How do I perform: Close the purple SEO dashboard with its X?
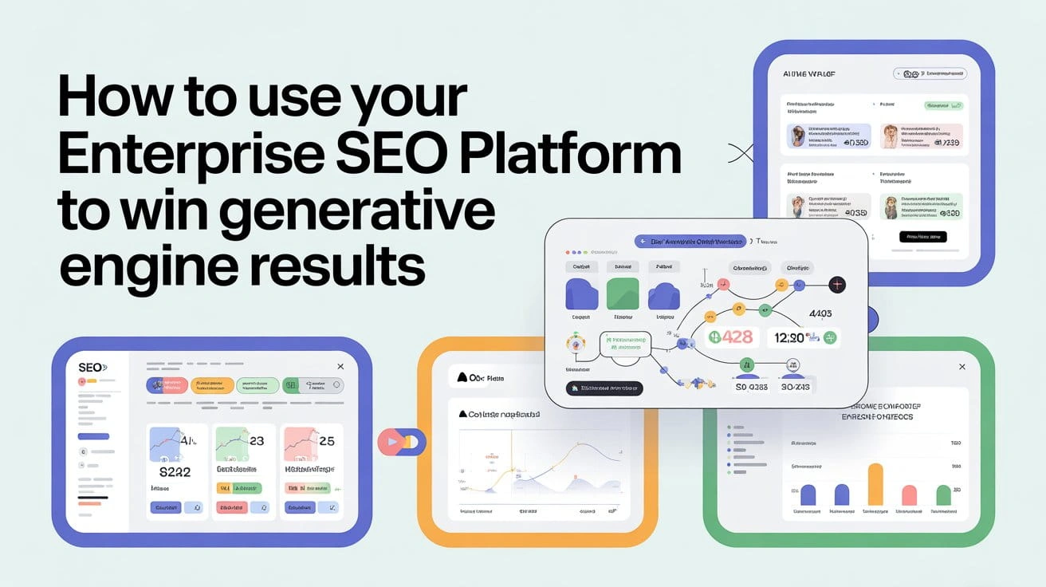340,366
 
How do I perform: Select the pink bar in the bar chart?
909,494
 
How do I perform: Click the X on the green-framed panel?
961,365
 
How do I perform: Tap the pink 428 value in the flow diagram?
729,337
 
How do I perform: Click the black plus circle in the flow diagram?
836,284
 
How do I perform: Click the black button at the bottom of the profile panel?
922,236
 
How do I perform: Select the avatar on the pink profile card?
891,136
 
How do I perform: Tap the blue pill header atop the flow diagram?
690,241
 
